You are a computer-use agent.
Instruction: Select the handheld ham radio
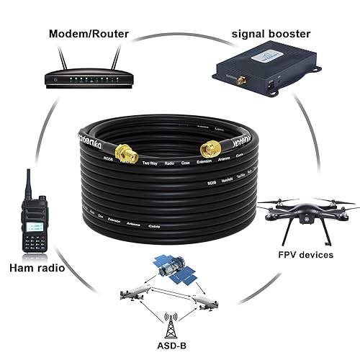(x=32, y=223)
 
